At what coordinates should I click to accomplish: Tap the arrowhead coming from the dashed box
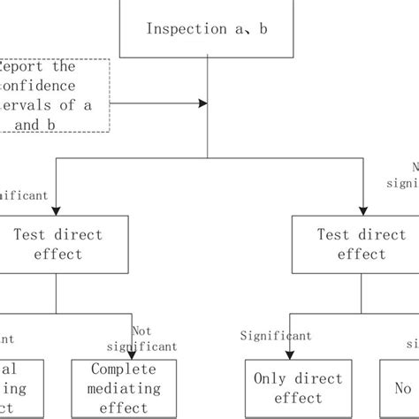click(x=202, y=103)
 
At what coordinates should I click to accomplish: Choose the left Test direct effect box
click(x=58, y=245)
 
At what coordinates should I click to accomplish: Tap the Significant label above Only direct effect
click(x=276, y=336)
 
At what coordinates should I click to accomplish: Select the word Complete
click(x=124, y=369)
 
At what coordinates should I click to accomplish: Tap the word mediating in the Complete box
click(x=124, y=388)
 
